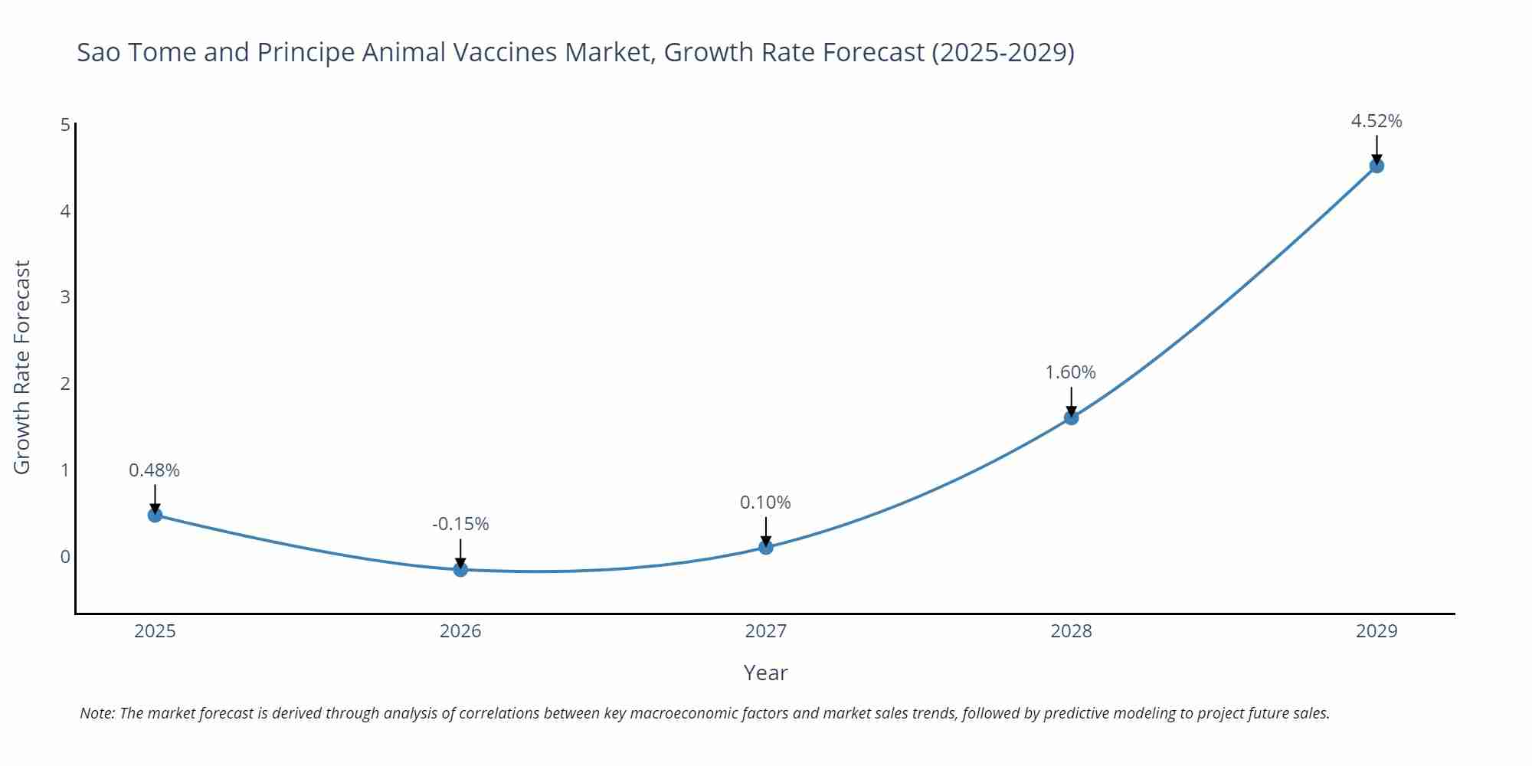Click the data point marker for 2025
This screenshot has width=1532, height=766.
tap(155, 515)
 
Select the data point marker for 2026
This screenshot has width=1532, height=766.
tap(460, 569)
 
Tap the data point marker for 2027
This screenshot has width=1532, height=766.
tap(766, 547)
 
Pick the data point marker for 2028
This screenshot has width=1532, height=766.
tap(1071, 417)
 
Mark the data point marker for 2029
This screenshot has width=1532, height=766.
tap(1377, 165)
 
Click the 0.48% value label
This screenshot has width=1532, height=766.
tap(154, 470)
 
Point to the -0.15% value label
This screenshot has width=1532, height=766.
tap(460, 524)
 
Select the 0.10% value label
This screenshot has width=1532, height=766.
tap(765, 502)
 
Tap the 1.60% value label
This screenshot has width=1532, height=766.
tap(1070, 372)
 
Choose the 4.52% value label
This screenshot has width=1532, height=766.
tap(1376, 121)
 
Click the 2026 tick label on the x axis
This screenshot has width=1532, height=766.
tap(460, 631)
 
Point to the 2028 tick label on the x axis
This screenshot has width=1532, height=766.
tap(1071, 631)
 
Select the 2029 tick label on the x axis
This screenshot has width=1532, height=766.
tap(1377, 631)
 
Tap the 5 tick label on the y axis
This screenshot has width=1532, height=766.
tap(65, 125)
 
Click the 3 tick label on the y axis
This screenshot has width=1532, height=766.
tap(65, 297)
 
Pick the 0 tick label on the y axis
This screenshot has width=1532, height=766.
tap(65, 557)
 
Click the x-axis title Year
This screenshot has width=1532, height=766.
tap(765, 673)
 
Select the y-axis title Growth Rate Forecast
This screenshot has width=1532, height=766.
tap(22, 367)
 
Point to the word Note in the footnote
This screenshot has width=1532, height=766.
tap(97, 713)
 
